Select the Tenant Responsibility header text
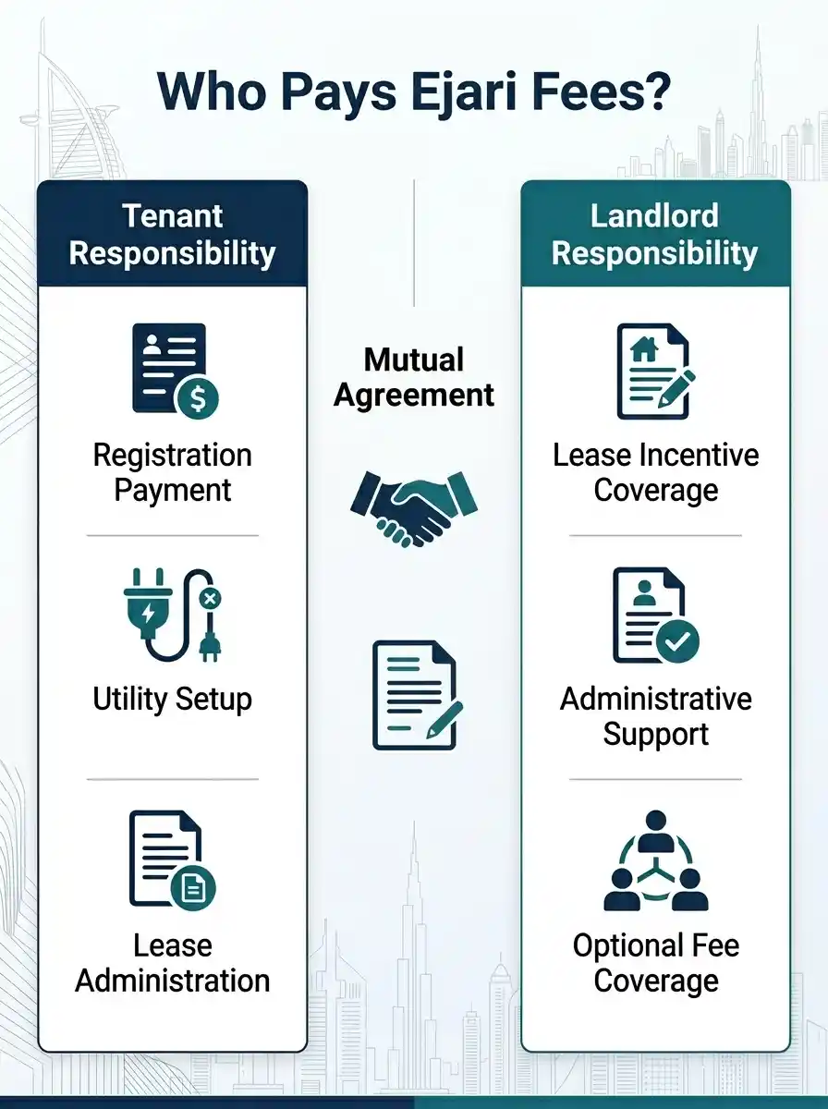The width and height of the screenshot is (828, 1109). pos(172,235)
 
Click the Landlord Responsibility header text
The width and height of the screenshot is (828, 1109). pos(654,235)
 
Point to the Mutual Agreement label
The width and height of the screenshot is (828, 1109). pos(414,377)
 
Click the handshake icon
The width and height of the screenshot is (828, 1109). pos(414,509)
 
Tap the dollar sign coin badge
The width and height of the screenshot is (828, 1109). pos(197,397)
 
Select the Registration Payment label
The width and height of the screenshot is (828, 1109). pos(172,472)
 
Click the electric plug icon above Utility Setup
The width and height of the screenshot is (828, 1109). pos(172,615)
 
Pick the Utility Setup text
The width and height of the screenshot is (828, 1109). pos(172,700)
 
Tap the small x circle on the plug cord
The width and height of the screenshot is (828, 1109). pos(210,599)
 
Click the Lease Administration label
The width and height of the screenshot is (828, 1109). pos(172,963)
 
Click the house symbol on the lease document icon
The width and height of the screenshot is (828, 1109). pos(643,349)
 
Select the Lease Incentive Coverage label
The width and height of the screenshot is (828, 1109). pos(656,472)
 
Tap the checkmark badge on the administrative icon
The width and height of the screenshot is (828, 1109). pos(677,641)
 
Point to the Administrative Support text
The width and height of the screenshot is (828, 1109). pos(656,716)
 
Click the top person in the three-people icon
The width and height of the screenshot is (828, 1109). pos(656,834)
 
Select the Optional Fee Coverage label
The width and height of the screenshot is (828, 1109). pos(656,963)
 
